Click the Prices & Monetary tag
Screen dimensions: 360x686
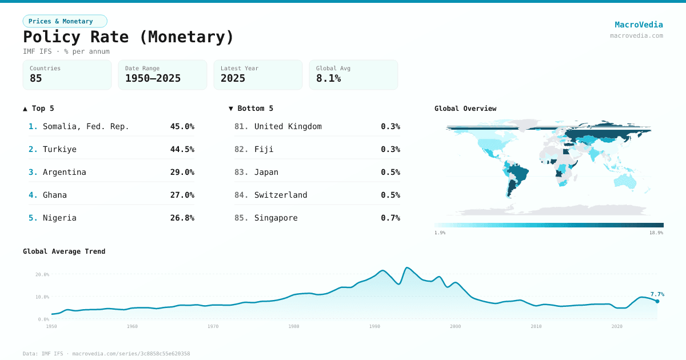[x=65, y=21]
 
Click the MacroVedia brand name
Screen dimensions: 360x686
[x=639, y=25]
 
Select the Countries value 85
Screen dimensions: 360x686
[x=36, y=78]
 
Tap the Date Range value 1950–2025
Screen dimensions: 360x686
[x=153, y=78]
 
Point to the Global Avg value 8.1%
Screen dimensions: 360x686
[x=329, y=78]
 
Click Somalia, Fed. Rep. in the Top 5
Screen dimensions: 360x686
[x=86, y=126]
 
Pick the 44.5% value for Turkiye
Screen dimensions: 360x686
[x=182, y=149]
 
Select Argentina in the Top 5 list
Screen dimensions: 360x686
[x=64, y=172]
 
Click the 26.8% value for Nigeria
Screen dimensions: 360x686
[x=182, y=218]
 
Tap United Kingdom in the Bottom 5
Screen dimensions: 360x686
[x=288, y=126]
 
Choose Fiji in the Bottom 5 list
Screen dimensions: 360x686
[x=264, y=149]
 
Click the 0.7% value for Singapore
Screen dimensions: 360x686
[x=390, y=218]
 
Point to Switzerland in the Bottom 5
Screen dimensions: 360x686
[x=281, y=195]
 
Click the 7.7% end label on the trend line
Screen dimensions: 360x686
[x=657, y=294]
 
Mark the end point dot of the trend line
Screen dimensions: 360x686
[x=657, y=301]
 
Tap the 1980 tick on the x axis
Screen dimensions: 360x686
[x=294, y=326]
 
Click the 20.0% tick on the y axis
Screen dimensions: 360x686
[x=42, y=274]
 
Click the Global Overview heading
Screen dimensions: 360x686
[x=465, y=109]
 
